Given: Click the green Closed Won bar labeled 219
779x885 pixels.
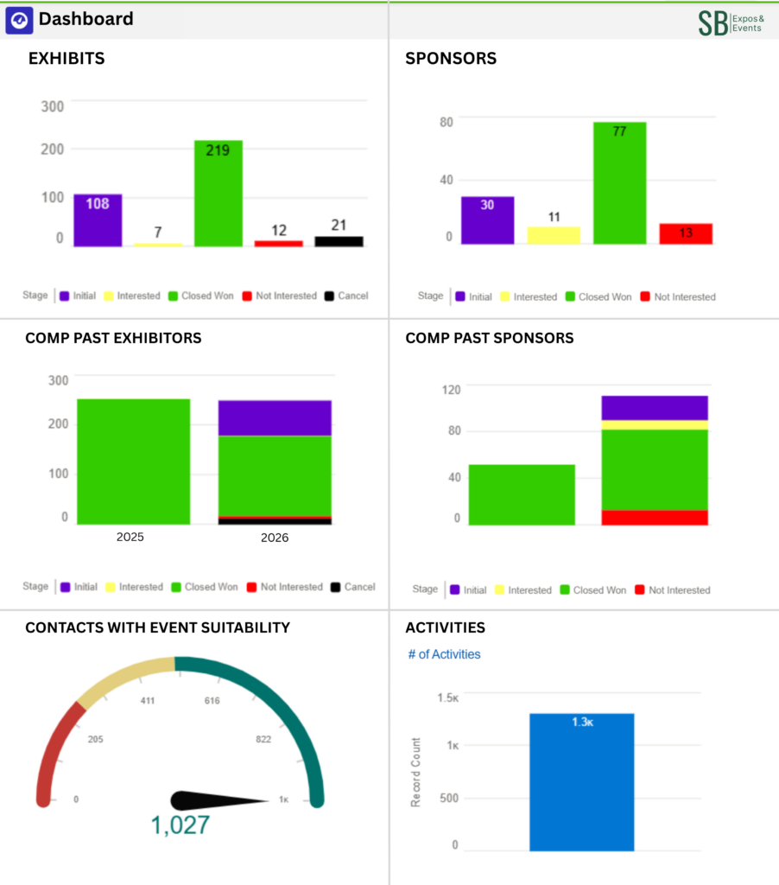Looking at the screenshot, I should coord(218,194).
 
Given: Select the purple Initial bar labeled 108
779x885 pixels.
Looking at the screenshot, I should coord(97,220).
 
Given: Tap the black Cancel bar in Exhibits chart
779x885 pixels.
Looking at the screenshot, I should coord(339,241).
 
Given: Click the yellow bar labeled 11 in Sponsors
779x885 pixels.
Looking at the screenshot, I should coord(554,235).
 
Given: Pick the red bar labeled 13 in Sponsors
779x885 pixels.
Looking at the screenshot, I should coord(686,233).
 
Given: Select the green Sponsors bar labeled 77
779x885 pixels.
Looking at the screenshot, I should coord(619,183).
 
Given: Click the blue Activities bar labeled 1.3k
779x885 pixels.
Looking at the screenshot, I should coord(581,782).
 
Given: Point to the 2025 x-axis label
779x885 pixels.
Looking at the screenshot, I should coord(130,537).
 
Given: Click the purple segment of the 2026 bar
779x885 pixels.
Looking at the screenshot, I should coord(275,418).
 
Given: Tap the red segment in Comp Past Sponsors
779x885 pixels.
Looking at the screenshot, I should coord(655,517).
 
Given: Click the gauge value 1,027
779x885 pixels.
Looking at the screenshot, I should coord(180,825).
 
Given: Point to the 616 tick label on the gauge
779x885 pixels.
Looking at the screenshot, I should coord(212,701).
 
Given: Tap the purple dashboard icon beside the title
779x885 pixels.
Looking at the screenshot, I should coord(19,20).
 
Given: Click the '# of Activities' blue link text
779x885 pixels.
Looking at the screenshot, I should coord(444,654).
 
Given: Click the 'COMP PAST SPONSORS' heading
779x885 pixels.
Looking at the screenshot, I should coord(489,338).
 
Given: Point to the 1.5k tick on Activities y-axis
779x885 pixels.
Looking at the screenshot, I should coord(447,697).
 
